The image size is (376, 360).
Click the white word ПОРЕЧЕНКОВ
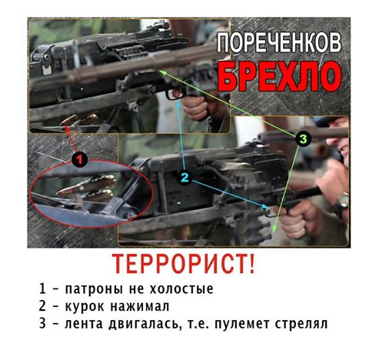[279, 43]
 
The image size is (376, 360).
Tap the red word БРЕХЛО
[280, 77]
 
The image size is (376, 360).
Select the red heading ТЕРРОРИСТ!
[184, 264]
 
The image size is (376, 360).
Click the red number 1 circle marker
[80, 159]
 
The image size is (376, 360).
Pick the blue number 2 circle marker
[185, 178]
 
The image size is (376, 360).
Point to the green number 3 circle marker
[303, 139]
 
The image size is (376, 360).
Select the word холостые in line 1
[181, 288]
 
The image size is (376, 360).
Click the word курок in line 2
[85, 307]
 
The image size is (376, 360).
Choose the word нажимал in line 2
[140, 306]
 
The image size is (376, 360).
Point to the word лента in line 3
[84, 324]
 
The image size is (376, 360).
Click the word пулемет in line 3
[242, 324]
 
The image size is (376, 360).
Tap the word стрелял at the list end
[301, 324]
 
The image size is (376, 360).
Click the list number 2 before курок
[42, 306]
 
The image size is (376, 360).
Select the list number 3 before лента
[42, 324]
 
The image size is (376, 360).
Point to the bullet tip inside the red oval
[59, 192]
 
